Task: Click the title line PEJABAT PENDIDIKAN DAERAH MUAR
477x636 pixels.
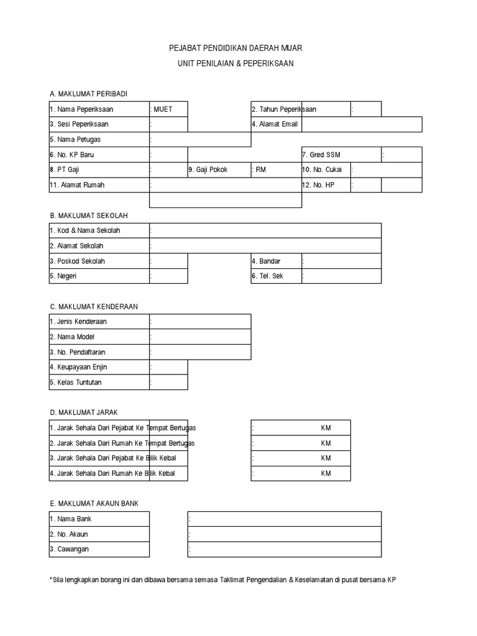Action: tap(236, 48)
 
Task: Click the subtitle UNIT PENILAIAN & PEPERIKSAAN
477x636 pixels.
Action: tap(236, 63)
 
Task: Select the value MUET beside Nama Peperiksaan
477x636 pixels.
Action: tap(163, 109)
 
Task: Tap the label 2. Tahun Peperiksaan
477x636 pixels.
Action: tap(284, 109)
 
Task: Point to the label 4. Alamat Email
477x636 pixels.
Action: tap(275, 124)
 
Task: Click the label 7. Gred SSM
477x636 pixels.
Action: tap(321, 155)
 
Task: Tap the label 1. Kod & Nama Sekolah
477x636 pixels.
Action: tap(85, 230)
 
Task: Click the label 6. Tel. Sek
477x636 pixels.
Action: tap(268, 276)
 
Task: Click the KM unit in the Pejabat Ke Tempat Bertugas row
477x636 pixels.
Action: tap(326, 428)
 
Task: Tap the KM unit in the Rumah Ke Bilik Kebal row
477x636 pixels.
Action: tap(326, 474)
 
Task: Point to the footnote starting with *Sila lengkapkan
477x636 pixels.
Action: tap(222, 579)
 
